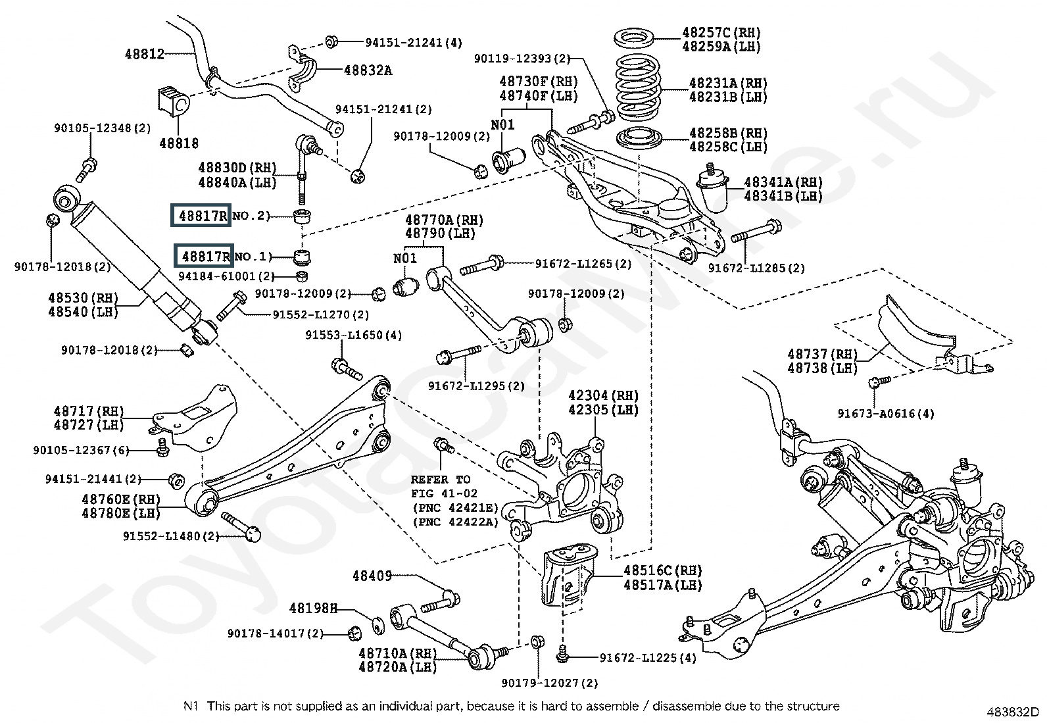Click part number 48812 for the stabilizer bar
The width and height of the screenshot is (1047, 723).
point(145,54)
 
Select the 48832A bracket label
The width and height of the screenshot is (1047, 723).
point(368,70)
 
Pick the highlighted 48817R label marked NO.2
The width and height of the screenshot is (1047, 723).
point(201,215)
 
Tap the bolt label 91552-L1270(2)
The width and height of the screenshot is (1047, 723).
point(320,315)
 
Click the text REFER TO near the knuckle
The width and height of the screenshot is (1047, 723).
point(441,480)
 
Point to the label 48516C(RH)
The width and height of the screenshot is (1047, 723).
point(662,570)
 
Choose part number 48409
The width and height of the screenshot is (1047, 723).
point(372,576)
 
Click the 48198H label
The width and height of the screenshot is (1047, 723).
point(313,609)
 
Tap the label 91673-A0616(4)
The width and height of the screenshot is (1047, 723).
point(885,414)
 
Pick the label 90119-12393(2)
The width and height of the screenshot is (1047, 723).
point(522,59)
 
